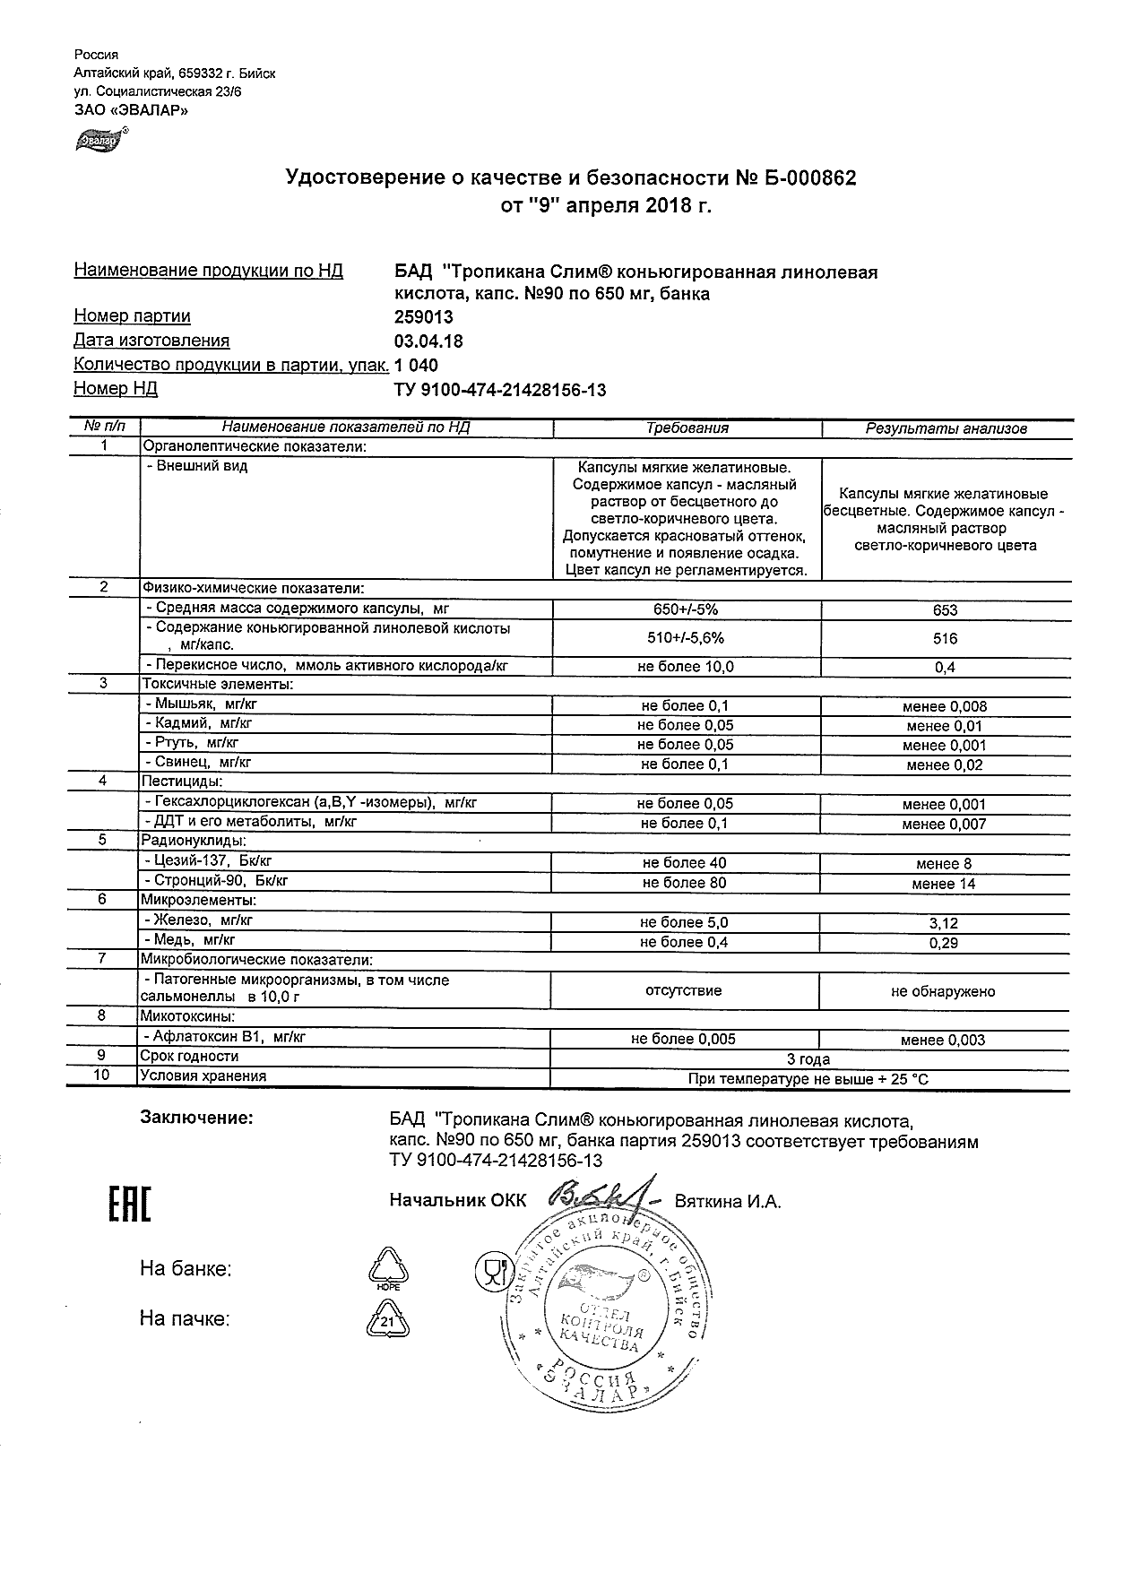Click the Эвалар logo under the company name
(x=101, y=139)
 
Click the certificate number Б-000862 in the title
(x=810, y=178)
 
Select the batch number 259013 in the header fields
(x=424, y=316)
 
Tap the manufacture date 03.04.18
(x=428, y=341)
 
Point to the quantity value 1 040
(x=417, y=365)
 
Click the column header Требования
(x=687, y=428)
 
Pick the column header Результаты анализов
(x=946, y=428)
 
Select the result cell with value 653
(x=945, y=610)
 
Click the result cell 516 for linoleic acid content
(x=945, y=639)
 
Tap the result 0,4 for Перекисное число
(x=945, y=668)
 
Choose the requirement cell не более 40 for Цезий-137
(x=685, y=863)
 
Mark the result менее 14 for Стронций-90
(x=944, y=884)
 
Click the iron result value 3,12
(x=944, y=923)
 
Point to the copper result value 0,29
(x=944, y=943)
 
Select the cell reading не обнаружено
(x=943, y=991)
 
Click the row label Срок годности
(x=190, y=1057)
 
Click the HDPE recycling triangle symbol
(x=388, y=1268)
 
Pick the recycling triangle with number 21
(x=387, y=1318)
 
